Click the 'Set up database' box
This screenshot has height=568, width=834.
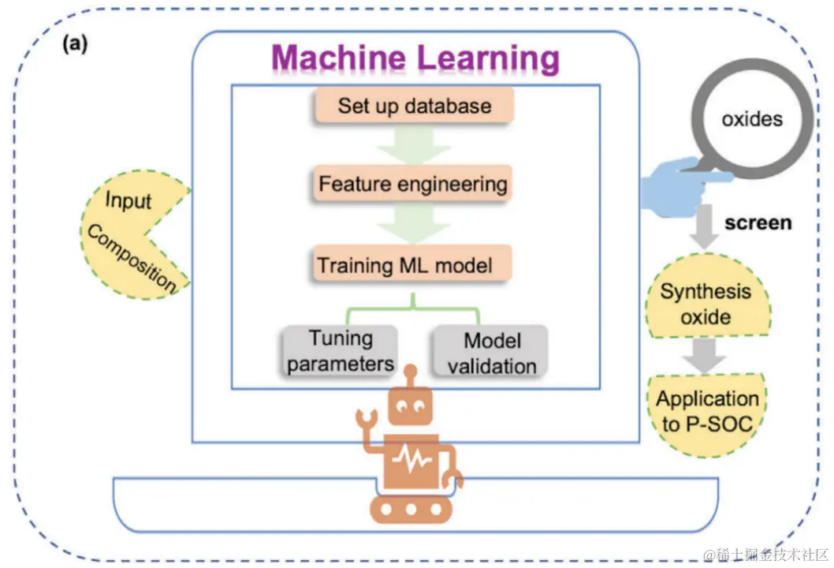414,106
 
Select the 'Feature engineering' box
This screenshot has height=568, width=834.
412,185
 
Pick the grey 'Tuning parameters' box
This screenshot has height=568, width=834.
340,351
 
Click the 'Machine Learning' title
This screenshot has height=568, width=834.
415,58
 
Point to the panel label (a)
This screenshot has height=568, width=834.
76,44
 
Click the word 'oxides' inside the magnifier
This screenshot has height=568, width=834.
752,120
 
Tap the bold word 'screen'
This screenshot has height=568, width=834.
758,222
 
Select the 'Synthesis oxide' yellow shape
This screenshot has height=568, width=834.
706,305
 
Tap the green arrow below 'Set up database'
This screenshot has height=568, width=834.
413,144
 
